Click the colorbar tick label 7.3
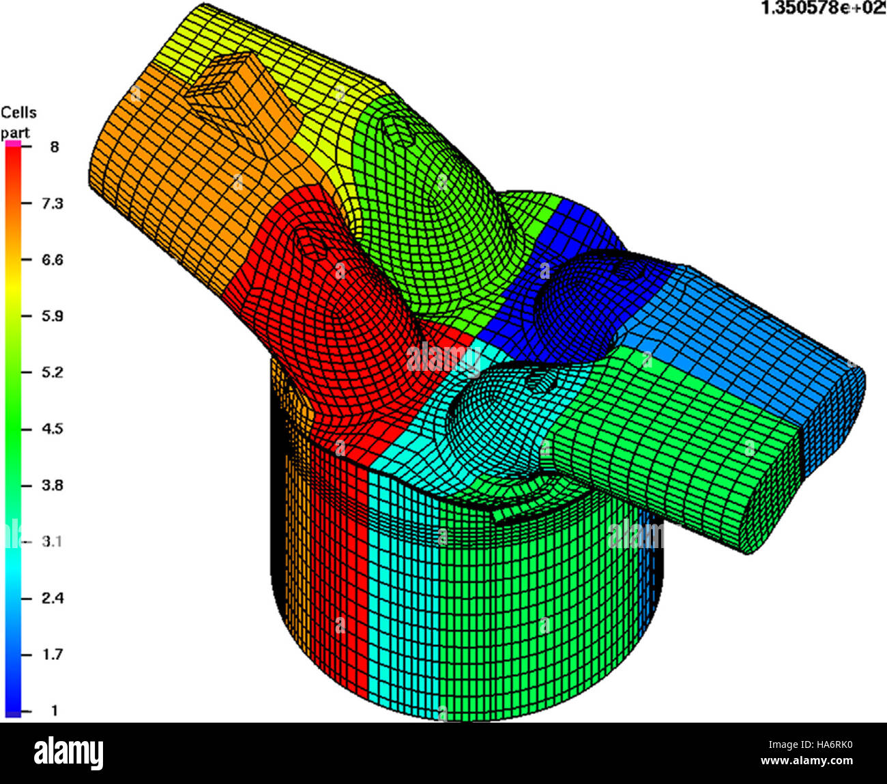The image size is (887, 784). (x=52, y=203)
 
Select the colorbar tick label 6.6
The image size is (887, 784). (x=52, y=260)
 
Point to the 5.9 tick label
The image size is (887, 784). (x=52, y=316)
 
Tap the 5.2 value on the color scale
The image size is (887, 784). (x=52, y=372)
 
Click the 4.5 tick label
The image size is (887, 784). (x=52, y=429)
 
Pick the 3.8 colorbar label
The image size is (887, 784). (x=52, y=485)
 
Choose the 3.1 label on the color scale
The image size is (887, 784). (x=52, y=541)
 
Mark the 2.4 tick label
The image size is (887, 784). (x=52, y=598)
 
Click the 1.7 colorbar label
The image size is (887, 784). (x=52, y=654)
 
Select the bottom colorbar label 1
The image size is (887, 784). (x=54, y=710)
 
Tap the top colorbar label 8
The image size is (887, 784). (x=54, y=147)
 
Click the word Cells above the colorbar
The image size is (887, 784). (x=18, y=112)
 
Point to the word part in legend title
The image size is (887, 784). (x=15, y=132)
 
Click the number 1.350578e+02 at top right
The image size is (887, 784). (x=823, y=9)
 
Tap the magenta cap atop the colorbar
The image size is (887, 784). (x=13, y=143)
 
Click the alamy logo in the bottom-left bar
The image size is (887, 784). (x=69, y=753)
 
